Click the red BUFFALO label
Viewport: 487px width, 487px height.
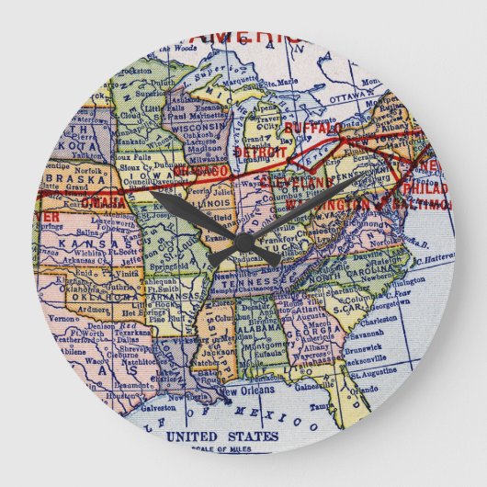(312, 128)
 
